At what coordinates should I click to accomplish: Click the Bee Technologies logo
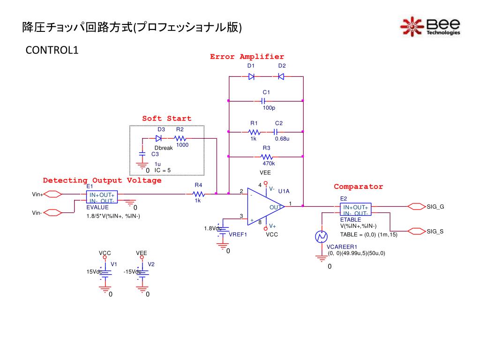coord(430,27)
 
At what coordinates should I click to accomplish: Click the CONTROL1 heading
coord(52,50)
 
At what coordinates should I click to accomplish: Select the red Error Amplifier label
coord(247,57)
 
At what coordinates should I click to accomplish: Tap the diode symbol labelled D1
coord(251,76)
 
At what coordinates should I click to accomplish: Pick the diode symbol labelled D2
coord(281,76)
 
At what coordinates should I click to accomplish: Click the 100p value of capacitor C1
coord(269,108)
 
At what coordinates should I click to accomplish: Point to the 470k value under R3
coord(269,164)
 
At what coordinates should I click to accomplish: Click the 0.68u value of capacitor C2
coord(282,139)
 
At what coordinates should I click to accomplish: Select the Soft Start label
coord(166,119)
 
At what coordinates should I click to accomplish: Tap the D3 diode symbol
coord(158,138)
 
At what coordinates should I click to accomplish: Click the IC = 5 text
coord(163,170)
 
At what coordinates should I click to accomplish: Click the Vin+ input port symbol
coord(52,194)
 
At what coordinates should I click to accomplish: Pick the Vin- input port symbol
coord(52,212)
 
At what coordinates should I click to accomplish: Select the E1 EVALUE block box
coord(102,197)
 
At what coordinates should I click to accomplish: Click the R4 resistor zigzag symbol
coord(198,194)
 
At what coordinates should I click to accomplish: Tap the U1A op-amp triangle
coord(266,206)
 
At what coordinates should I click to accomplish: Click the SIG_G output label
coord(435,207)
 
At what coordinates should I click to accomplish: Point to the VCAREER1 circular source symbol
coord(321,237)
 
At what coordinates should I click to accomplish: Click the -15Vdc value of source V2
coord(132,271)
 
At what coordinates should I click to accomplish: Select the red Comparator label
coord(358,187)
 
